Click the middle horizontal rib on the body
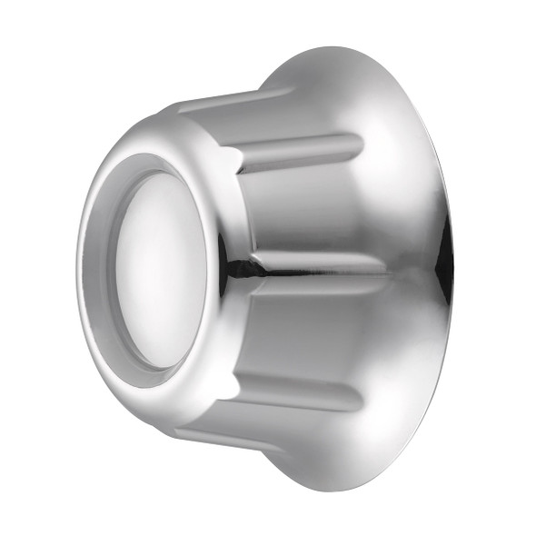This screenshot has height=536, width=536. (x=318, y=264)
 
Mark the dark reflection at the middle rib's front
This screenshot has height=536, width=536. (x=238, y=266)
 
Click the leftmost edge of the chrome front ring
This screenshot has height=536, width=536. (x=79, y=273)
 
